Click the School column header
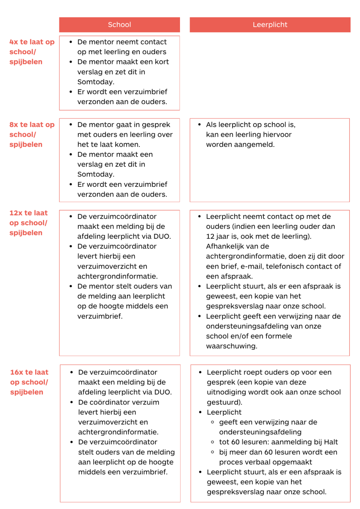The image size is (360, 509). (x=119, y=25)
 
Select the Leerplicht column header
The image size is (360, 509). (x=270, y=25)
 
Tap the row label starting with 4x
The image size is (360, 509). (x=32, y=52)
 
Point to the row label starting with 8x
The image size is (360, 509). (x=32, y=135)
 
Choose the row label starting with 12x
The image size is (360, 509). (x=28, y=223)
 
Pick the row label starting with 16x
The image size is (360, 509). (x=29, y=382)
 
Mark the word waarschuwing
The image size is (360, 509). (x=232, y=346)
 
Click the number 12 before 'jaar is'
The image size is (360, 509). (x=210, y=236)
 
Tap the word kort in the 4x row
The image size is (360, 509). (x=161, y=62)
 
